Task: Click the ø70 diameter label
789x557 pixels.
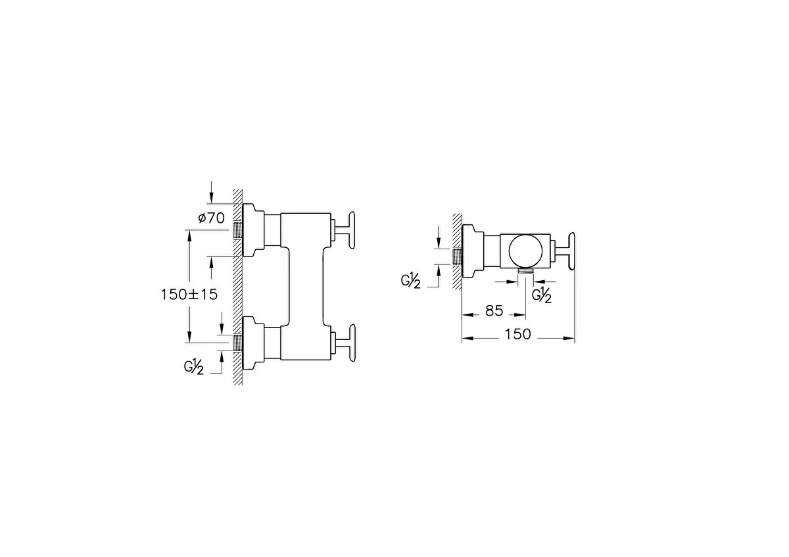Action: coord(211,218)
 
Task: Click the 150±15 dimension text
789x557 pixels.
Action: coord(189,295)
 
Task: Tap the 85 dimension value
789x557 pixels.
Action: coord(494,311)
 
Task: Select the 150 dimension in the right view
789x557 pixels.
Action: coord(518,334)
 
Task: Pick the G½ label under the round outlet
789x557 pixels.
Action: coord(542,295)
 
